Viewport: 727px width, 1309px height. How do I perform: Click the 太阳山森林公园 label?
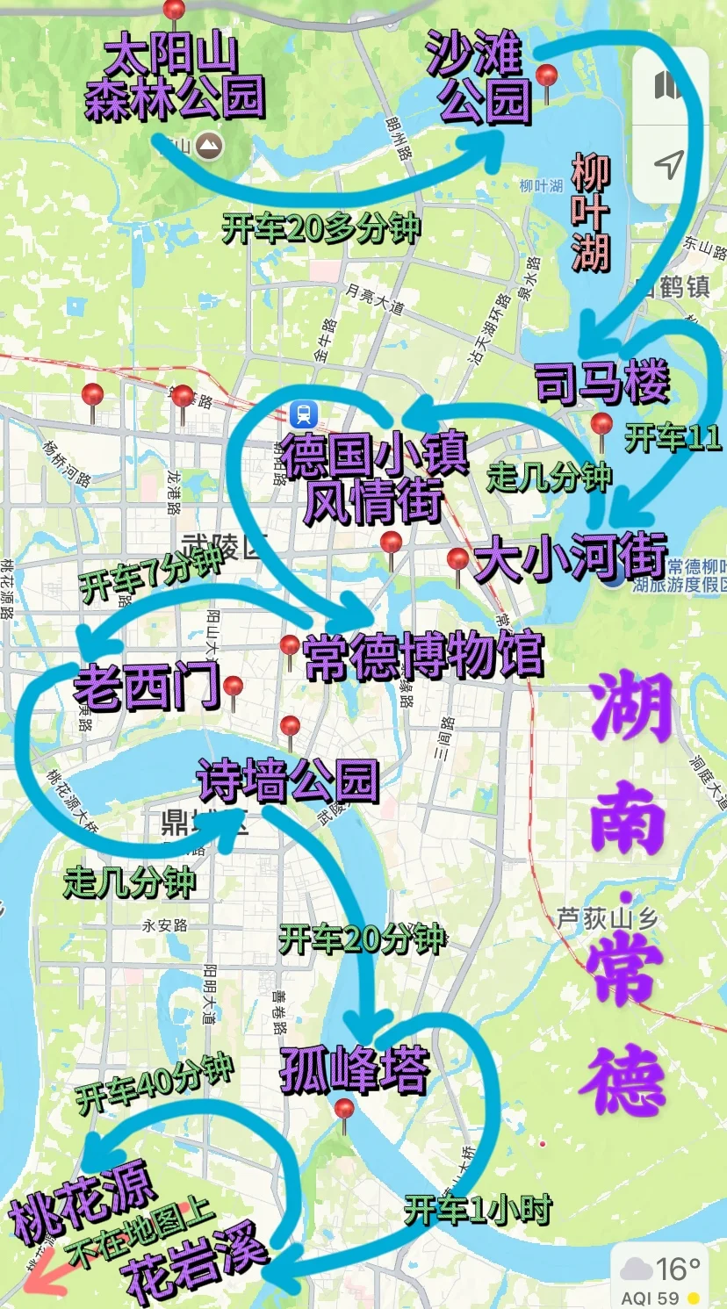click(x=175, y=78)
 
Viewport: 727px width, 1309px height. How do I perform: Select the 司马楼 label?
click(x=602, y=383)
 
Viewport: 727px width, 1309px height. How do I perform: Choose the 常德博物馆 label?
click(x=423, y=655)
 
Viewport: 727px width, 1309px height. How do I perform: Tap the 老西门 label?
click(x=146, y=686)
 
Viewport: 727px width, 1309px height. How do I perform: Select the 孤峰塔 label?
click(x=355, y=1069)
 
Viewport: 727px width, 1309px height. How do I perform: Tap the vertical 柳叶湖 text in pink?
click(x=590, y=212)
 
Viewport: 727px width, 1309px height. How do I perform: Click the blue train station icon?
click(x=304, y=412)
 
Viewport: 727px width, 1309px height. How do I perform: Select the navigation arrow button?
click(x=669, y=164)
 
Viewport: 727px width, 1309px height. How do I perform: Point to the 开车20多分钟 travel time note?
click(x=321, y=229)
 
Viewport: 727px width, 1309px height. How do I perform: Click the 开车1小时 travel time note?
click(x=478, y=1211)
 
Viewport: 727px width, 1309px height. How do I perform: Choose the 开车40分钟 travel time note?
click(x=155, y=1084)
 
